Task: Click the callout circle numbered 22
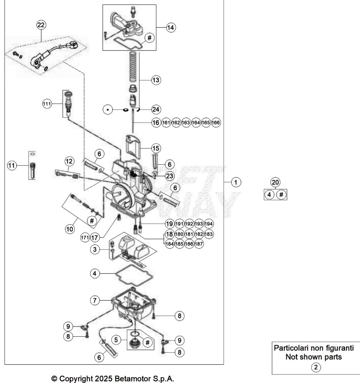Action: (x=41, y=25)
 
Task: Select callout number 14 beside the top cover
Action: (x=171, y=28)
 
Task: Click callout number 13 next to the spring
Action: (x=156, y=80)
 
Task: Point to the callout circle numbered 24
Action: (x=156, y=110)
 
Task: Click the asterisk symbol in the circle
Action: (x=109, y=110)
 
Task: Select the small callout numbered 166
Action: (x=216, y=122)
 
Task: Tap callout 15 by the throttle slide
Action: (x=156, y=148)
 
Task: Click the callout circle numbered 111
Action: (x=46, y=104)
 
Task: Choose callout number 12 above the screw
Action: (x=69, y=161)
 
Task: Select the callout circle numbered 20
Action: (x=275, y=182)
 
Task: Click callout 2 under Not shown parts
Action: (x=316, y=367)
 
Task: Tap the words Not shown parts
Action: (x=313, y=357)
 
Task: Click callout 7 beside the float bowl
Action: (x=95, y=300)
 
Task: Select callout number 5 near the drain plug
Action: (x=117, y=340)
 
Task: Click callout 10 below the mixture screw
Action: (x=70, y=229)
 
